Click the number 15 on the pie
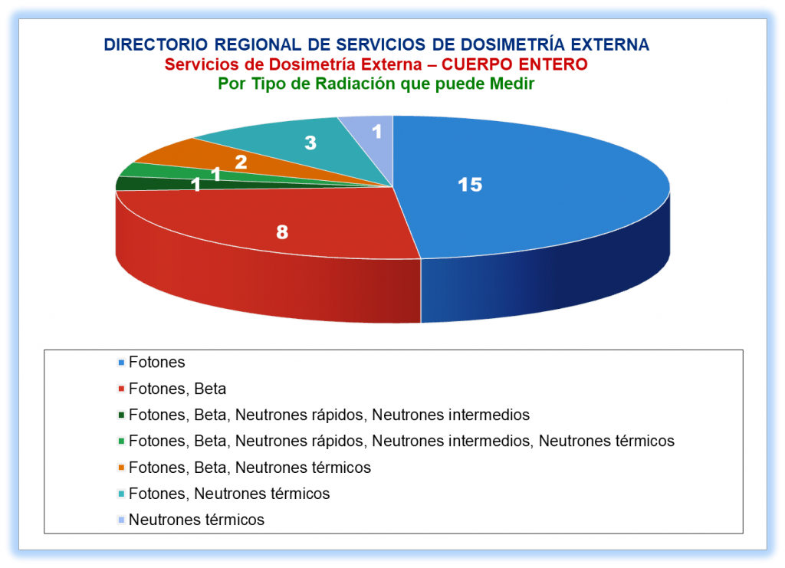click(x=470, y=185)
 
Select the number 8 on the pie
click(x=282, y=231)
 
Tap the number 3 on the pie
click(x=310, y=143)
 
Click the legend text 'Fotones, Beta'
click(x=177, y=389)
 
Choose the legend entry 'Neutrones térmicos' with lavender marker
click(x=196, y=520)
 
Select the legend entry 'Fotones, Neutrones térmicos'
click(x=229, y=494)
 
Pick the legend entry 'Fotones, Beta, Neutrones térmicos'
click(x=250, y=468)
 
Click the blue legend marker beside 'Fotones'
click(x=120, y=363)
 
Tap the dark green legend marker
click(x=120, y=415)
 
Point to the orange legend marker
click(x=120, y=468)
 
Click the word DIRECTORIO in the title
click(x=156, y=45)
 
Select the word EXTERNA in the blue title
click(x=609, y=45)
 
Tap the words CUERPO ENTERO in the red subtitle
click(x=514, y=64)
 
